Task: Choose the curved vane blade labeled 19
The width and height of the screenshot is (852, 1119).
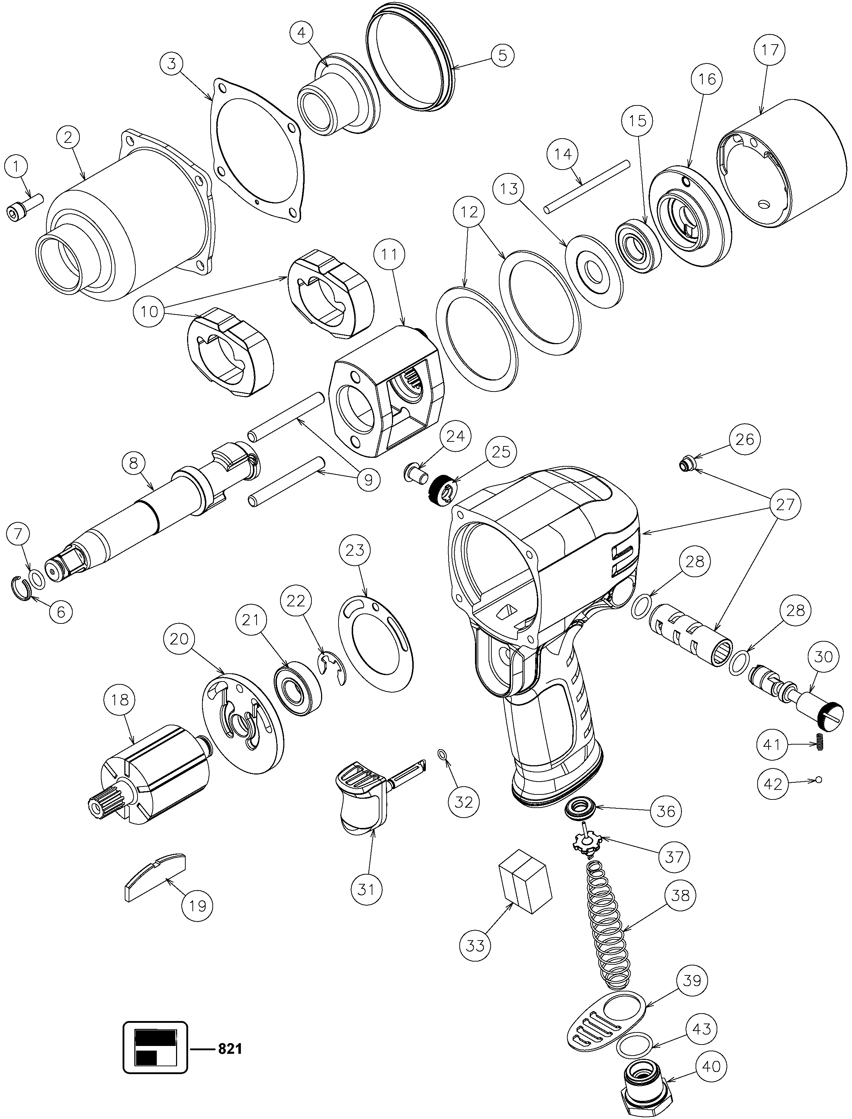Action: point(155,876)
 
